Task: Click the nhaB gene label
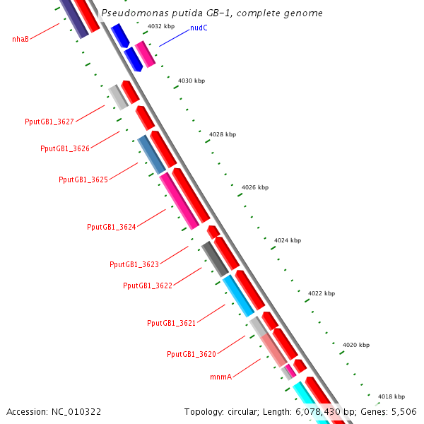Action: coord(20,39)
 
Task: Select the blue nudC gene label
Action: coord(199,28)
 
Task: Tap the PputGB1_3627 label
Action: coord(49,122)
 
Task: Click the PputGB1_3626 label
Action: coord(65,148)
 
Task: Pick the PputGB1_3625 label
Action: coord(83,179)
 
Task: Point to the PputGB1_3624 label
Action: coord(112,227)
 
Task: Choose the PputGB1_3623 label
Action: coord(134,264)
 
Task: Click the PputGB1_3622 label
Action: coord(148,285)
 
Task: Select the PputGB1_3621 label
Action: coord(172,323)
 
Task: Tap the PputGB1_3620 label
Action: coord(192,354)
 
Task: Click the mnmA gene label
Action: coord(221,377)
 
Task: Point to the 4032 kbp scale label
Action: coord(161,26)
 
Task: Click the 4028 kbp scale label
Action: coord(223,134)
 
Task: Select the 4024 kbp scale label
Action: coord(288,240)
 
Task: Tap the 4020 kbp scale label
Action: coord(356,345)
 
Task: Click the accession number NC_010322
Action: coord(76,412)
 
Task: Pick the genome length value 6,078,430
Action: coord(318,412)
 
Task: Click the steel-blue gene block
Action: coord(151,155)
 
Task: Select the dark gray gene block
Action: coord(216,259)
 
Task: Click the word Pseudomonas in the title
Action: coord(135,13)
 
